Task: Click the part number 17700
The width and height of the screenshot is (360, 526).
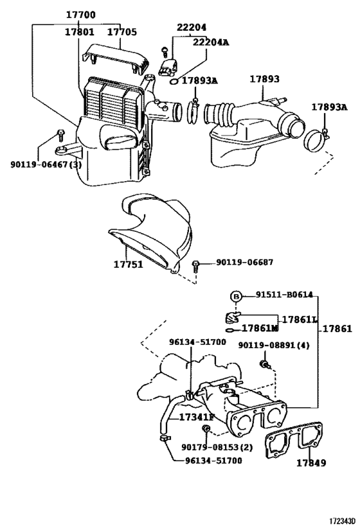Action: [x=80, y=14]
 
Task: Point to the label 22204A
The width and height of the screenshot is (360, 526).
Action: [x=211, y=42]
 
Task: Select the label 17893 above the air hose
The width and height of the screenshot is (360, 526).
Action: [x=265, y=79]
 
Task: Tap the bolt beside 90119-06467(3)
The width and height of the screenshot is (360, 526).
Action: [x=60, y=134]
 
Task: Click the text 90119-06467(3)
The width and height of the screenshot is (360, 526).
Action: [x=46, y=164]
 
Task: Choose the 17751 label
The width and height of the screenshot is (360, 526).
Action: [x=129, y=264]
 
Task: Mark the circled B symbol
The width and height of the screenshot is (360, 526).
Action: [x=237, y=295]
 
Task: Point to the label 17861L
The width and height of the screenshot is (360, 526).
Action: [x=300, y=319]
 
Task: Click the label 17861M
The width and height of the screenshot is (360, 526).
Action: [x=260, y=329]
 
